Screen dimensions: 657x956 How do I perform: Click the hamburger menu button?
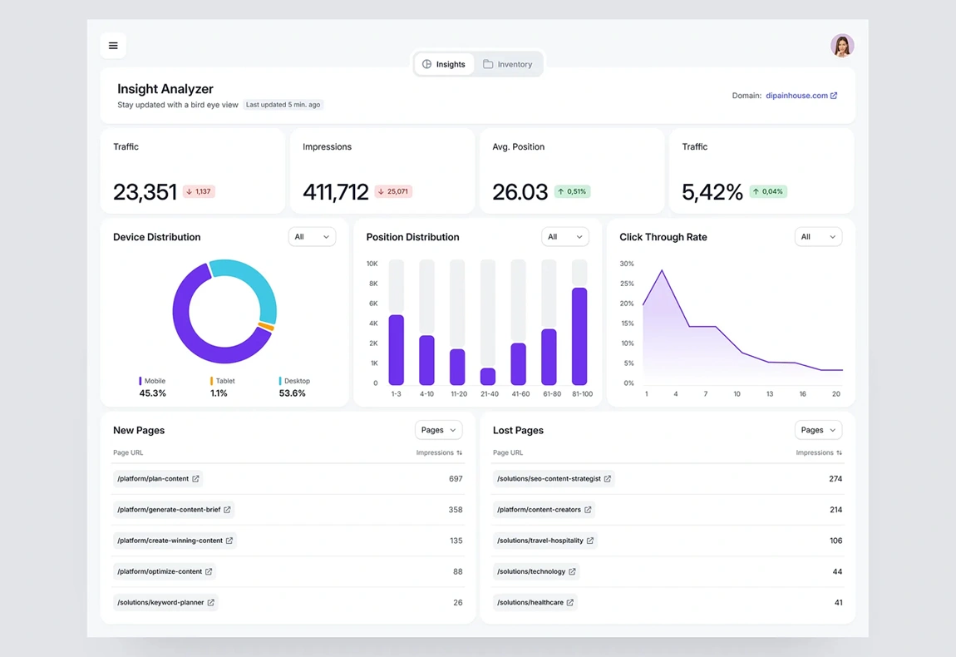click(x=113, y=46)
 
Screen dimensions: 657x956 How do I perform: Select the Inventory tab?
click(x=508, y=64)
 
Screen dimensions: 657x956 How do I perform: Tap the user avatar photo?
click(x=842, y=46)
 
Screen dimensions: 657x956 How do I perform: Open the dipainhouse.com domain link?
click(x=801, y=96)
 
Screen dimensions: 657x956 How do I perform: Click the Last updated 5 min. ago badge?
click(x=283, y=105)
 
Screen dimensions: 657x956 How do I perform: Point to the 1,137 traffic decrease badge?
click(x=199, y=191)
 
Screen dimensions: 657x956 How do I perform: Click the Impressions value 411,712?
click(x=335, y=192)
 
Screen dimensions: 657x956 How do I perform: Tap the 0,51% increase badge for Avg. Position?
click(x=572, y=191)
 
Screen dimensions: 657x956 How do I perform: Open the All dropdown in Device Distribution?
click(x=312, y=237)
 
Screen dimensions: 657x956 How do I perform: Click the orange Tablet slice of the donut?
click(x=266, y=326)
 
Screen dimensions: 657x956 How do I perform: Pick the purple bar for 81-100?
click(x=579, y=336)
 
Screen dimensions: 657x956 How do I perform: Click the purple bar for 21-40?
click(x=488, y=376)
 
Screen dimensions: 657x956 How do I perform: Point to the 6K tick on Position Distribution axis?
click(x=373, y=304)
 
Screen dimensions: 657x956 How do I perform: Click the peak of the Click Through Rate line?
click(x=662, y=270)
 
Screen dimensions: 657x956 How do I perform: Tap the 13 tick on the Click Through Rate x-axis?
click(x=770, y=393)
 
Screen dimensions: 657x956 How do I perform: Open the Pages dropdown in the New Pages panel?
click(x=438, y=430)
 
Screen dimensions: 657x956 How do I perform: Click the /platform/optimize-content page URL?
click(x=160, y=571)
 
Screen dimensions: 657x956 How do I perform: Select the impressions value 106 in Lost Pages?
click(x=835, y=541)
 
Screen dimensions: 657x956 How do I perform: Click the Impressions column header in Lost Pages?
click(x=818, y=452)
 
